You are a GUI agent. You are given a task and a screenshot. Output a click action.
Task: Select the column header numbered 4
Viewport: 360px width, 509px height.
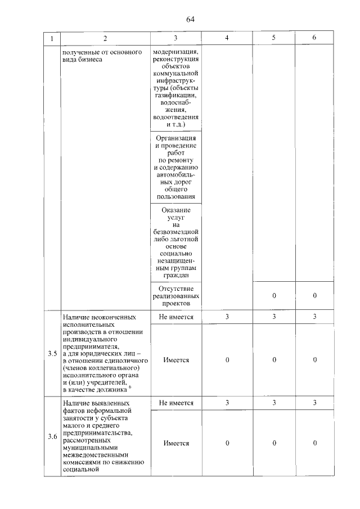point(227,38)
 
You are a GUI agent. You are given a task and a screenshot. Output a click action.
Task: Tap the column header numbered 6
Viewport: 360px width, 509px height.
point(314,38)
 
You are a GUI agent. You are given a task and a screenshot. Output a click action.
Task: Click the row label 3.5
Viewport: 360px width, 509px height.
point(53,354)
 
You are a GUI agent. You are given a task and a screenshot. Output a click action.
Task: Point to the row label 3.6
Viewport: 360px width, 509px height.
point(53,436)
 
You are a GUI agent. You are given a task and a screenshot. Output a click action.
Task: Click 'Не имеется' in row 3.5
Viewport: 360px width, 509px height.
point(176,317)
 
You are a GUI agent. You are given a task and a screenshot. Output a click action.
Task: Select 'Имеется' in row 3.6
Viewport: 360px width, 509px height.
point(176,443)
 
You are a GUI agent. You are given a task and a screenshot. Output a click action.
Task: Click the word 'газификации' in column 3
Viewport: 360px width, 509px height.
point(176,96)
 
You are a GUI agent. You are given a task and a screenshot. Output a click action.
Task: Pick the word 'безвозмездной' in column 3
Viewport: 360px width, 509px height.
point(176,232)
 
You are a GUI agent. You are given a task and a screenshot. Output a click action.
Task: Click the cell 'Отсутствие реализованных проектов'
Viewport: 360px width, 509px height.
point(176,295)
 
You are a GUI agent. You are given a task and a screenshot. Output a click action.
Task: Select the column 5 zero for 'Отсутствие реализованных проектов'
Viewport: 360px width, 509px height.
point(273,295)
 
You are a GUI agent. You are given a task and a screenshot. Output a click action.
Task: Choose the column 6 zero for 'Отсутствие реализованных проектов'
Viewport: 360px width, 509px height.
point(314,295)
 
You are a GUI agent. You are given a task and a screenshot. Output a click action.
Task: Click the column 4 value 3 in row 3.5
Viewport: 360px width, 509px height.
point(227,317)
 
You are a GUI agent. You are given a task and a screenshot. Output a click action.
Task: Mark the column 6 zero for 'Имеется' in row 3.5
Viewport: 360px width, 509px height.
point(314,360)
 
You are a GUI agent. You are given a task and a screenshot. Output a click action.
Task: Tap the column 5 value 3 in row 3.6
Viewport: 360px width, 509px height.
point(273,403)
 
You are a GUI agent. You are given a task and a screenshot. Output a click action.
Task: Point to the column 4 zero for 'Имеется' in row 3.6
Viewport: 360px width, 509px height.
point(227,443)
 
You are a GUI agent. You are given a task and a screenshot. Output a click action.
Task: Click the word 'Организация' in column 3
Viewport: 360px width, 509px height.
point(176,138)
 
